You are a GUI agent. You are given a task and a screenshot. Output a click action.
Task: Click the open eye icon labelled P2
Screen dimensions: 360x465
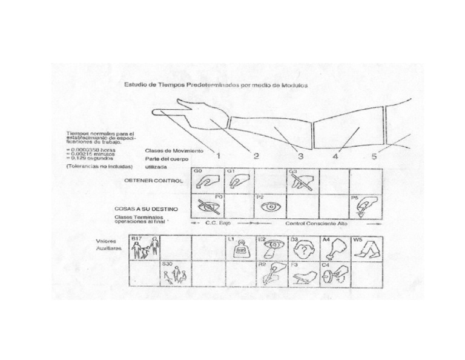(x=270, y=206)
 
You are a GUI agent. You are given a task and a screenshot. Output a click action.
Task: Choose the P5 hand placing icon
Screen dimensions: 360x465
(x=364, y=206)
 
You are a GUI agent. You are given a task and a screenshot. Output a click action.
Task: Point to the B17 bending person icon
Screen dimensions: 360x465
(x=146, y=248)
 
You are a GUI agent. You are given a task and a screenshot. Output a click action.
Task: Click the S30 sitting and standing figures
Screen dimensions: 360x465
(x=176, y=275)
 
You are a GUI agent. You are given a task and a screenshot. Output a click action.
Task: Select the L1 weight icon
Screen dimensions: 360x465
(x=240, y=249)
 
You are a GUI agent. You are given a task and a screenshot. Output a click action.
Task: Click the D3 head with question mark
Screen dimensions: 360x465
(x=302, y=248)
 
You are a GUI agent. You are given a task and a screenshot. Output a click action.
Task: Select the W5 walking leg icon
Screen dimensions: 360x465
(x=366, y=248)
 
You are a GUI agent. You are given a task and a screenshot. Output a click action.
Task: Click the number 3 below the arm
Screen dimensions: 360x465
(x=297, y=156)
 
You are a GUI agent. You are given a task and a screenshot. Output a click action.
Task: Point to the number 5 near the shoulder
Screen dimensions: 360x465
(x=374, y=156)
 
